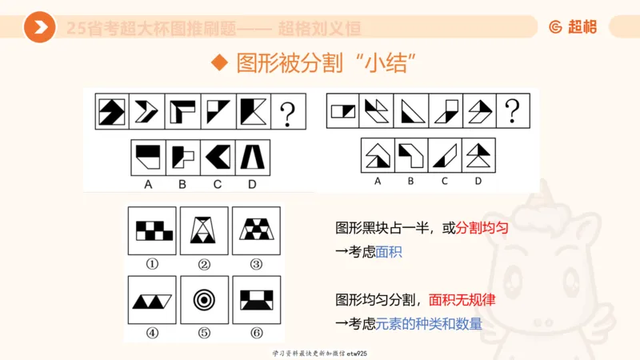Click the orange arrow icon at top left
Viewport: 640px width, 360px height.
39,28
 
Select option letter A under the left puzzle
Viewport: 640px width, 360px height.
148,184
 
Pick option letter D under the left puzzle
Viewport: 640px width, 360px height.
253,184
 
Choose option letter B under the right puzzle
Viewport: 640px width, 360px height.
411,181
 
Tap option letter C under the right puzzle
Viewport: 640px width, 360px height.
445,181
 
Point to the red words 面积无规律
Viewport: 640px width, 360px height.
462,300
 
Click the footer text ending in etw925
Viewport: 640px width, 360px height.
319,353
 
